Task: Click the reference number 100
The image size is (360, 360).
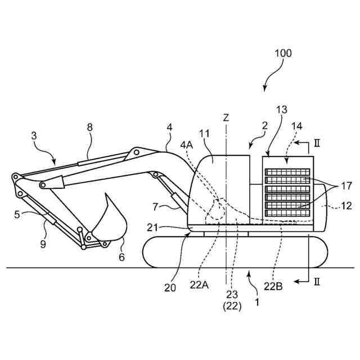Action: pos(283,54)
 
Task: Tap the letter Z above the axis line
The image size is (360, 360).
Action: pos(226,118)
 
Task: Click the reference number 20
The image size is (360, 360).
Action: pos(170,287)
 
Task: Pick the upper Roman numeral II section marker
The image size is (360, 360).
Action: pos(317,144)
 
